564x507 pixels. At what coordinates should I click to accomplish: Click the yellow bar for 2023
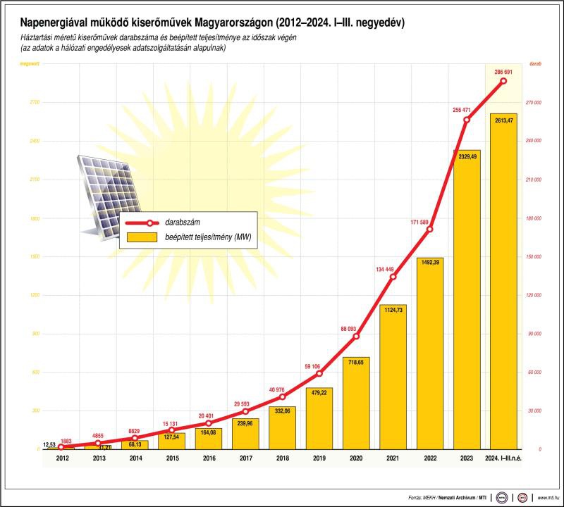pyautogui.click(x=467, y=303)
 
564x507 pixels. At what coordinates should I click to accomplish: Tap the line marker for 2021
pyautogui.click(x=393, y=276)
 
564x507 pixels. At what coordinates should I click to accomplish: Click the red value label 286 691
pyautogui.click(x=503, y=71)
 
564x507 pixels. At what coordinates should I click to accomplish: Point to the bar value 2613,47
pyautogui.click(x=503, y=120)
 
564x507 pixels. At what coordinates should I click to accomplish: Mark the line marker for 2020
pyautogui.click(x=356, y=336)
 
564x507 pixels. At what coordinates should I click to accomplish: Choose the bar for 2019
pyautogui.click(x=319, y=419)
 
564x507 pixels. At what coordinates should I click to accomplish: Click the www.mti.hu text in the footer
pyautogui.click(x=546, y=497)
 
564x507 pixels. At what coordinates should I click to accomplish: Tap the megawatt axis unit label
pyautogui.click(x=30, y=64)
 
